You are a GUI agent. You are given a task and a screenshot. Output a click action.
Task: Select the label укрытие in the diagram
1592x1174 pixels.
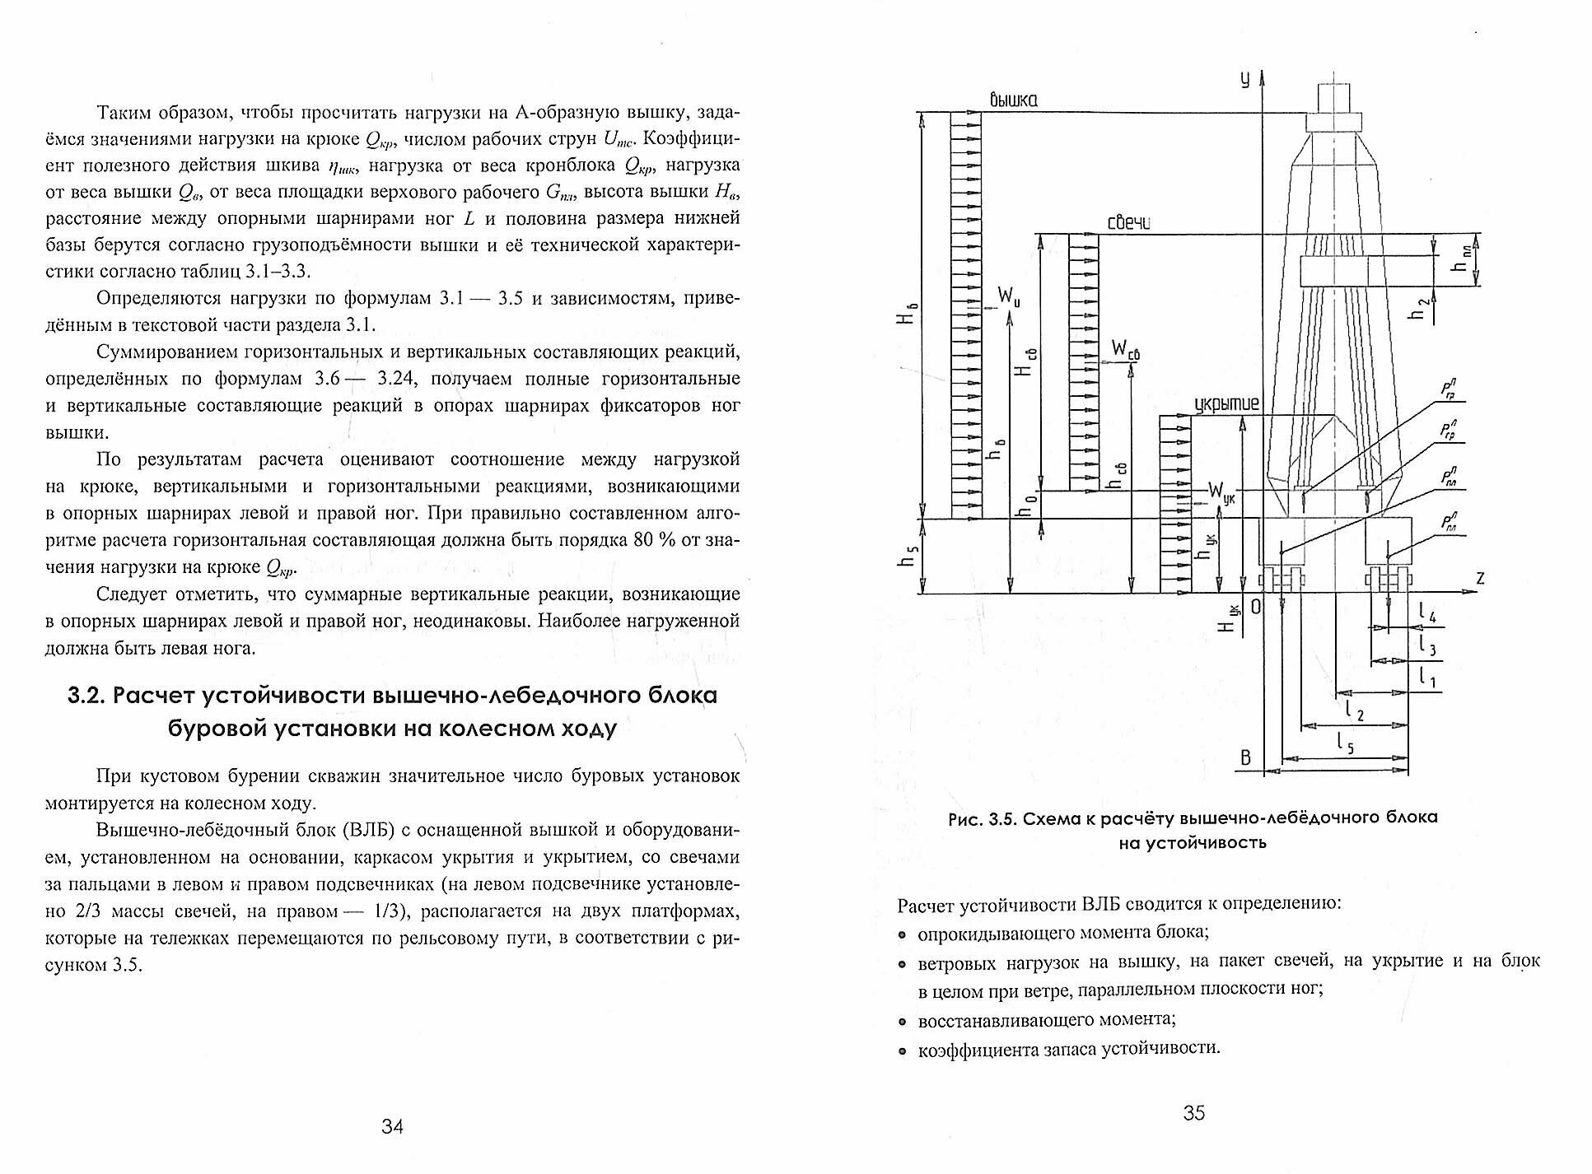(x=1226, y=404)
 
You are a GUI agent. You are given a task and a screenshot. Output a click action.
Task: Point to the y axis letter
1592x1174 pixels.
(x=1244, y=79)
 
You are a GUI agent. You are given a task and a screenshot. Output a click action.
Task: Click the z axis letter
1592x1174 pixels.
(x=1481, y=579)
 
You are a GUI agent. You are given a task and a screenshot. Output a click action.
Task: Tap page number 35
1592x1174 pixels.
(x=1193, y=1113)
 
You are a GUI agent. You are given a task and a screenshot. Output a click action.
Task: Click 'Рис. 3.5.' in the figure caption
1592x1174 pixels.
(x=979, y=818)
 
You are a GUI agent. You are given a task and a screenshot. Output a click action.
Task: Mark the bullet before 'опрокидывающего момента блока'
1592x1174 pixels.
(x=903, y=934)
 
